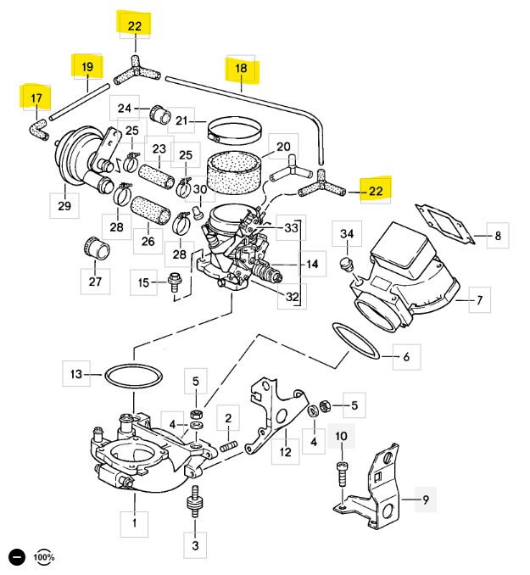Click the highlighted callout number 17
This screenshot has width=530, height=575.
pos(36,98)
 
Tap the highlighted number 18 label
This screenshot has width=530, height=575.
pos(241,69)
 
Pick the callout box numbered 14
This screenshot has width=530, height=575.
pos(312,265)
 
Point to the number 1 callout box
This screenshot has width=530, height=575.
pos(132,523)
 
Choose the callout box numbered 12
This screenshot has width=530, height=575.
pos(285,452)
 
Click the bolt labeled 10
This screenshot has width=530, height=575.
pos(342,472)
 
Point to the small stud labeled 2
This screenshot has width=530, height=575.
pos(226,444)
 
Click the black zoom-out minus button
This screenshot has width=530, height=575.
pos(16,557)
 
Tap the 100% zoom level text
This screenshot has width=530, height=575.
pos(44,557)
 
